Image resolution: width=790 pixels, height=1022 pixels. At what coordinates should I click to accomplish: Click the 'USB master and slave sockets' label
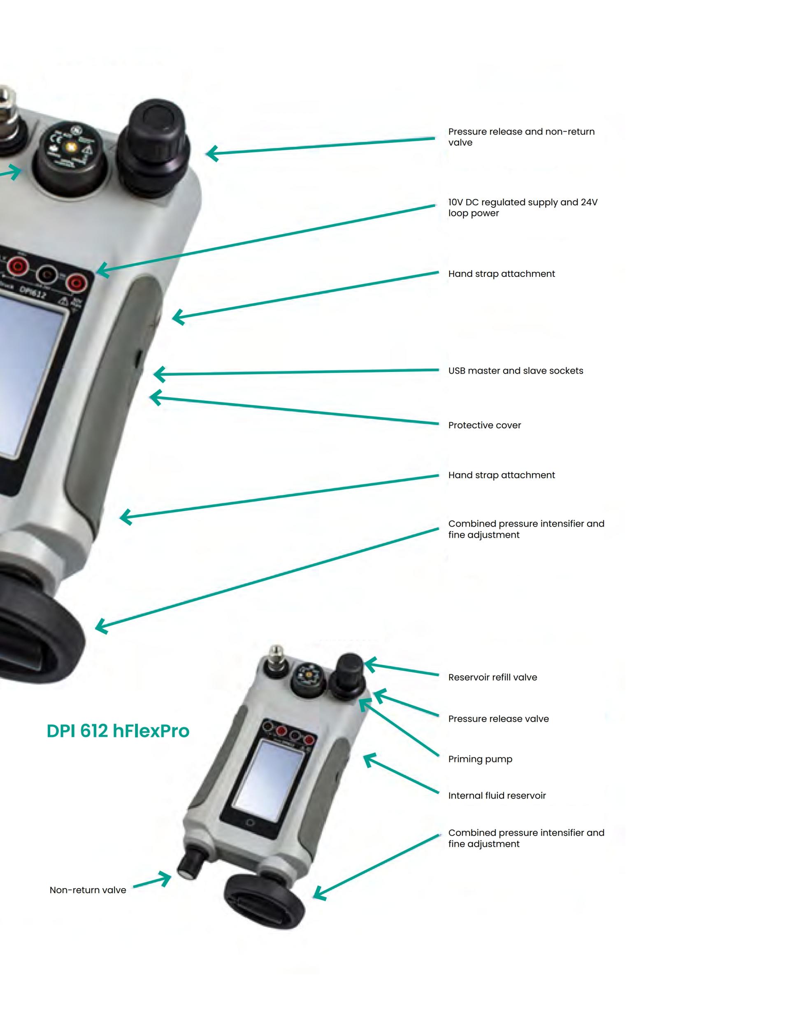pos(515,371)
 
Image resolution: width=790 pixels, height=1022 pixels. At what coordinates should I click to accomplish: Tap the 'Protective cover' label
pos(484,425)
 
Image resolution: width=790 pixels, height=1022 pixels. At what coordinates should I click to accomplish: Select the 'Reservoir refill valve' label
pos(493,677)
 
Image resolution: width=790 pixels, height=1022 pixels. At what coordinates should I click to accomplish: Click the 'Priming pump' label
pos(480,759)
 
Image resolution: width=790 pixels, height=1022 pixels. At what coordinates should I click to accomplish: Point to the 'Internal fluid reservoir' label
pos(497,796)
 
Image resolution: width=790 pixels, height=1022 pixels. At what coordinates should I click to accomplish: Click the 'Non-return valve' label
pos(88,890)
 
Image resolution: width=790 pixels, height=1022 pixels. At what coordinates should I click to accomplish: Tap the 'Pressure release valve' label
pos(498,719)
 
